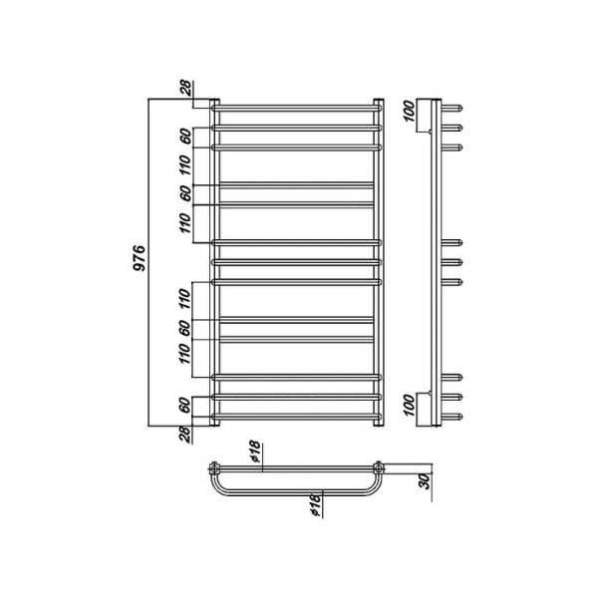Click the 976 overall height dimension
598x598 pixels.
pos(140,258)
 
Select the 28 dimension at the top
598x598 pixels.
pos(187,88)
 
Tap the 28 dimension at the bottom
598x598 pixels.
pos(185,435)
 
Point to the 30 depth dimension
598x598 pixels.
pos(424,480)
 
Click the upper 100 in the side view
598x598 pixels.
pos(408,111)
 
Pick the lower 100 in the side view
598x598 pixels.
pos(408,405)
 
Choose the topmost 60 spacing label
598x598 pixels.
pos(185,137)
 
